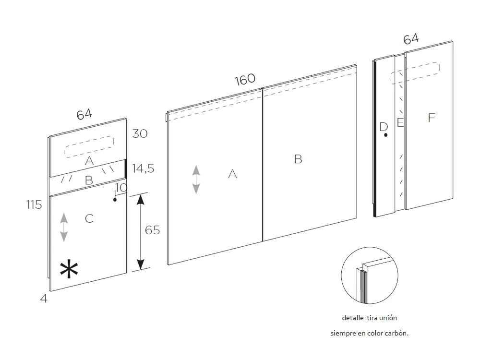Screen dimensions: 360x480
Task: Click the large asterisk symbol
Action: coord(69,270)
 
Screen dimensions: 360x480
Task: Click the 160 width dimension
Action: coord(245,80)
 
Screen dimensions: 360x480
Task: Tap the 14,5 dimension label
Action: coord(144,168)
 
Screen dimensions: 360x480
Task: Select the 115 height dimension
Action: coord(34,204)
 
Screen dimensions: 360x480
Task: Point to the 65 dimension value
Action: coord(153,230)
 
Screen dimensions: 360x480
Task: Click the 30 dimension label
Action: coord(140,133)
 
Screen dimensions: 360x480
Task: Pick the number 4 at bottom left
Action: coord(44,299)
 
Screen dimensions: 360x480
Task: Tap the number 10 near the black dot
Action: coord(121,187)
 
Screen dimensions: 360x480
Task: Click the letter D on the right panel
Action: coord(383,127)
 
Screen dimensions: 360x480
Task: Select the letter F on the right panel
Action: coord(432,117)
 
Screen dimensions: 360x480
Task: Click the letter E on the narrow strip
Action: coord(400,123)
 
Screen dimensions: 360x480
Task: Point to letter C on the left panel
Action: coord(89,219)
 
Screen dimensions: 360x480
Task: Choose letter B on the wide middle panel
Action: coord(298,159)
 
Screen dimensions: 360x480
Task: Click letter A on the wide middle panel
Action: coord(233,174)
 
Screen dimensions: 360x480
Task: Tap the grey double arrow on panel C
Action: coord(64,228)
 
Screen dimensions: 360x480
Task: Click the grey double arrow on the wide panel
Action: coord(196,180)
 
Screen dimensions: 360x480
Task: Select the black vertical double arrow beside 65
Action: coord(140,231)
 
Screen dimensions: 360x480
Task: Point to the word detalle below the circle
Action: coord(353,318)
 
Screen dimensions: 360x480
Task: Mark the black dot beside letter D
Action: coord(386,135)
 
